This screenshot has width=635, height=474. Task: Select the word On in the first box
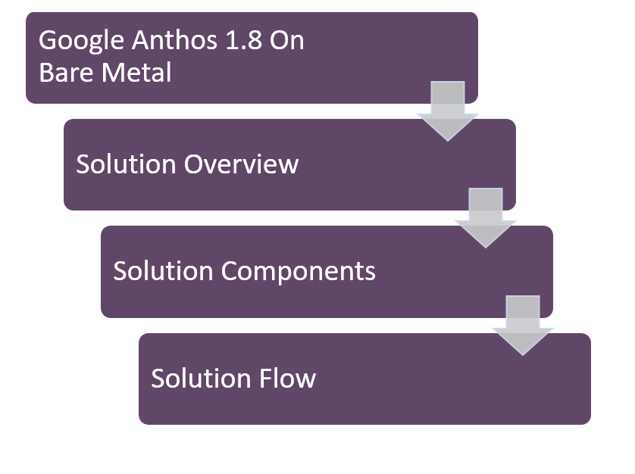[x=290, y=41]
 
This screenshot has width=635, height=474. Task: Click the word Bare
[x=64, y=73]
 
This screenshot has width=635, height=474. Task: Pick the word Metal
[x=134, y=73]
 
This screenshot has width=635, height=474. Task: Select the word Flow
[x=288, y=378]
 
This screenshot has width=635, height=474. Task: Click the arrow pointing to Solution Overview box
[x=447, y=112]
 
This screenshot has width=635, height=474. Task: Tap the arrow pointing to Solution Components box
[x=485, y=219]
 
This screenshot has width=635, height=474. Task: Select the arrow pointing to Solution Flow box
[x=523, y=326]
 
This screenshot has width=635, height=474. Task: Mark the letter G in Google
[x=48, y=41]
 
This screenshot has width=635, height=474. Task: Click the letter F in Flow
[x=266, y=378]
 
